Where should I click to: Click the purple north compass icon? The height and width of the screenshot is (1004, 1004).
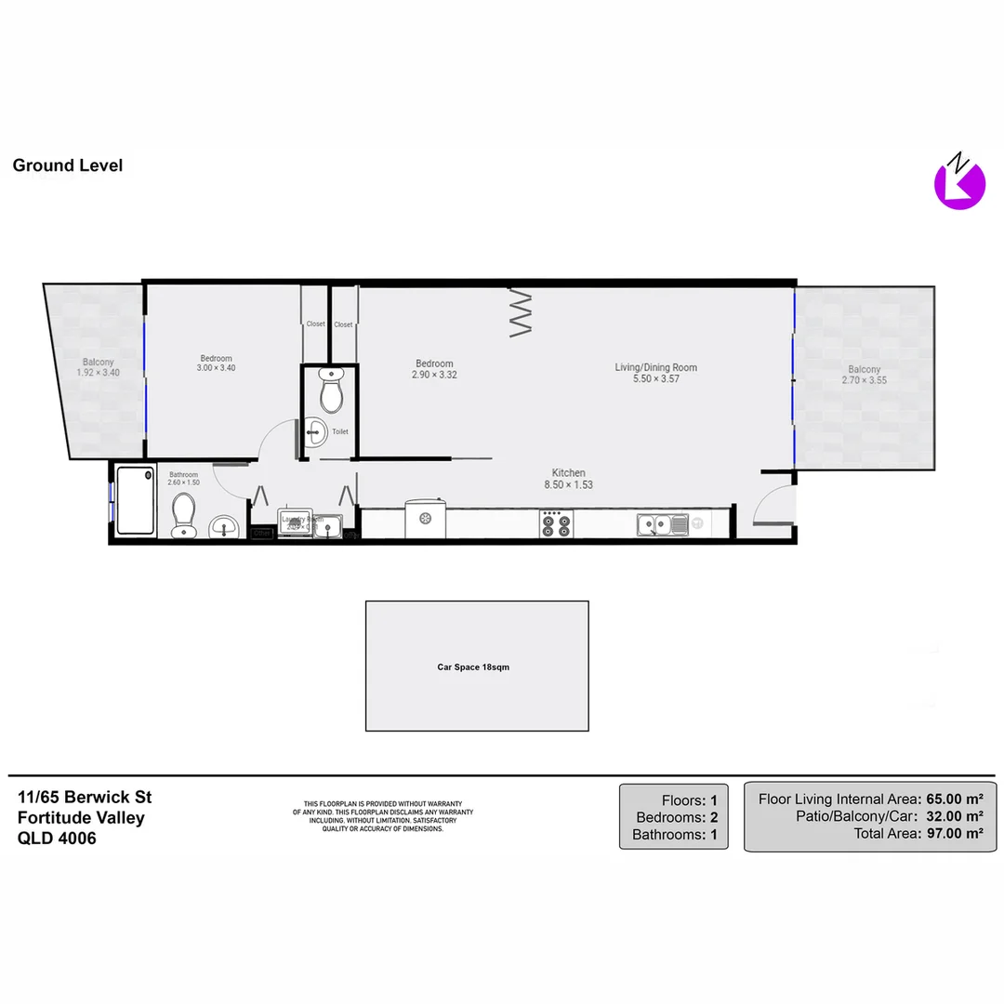point(958,182)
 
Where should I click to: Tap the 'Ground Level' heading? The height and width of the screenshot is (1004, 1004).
point(68,165)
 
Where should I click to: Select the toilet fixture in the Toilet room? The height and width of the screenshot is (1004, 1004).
point(331,391)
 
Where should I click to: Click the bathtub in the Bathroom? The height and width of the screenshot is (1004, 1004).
point(135,500)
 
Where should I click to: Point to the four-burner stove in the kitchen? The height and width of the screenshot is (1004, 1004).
point(557,524)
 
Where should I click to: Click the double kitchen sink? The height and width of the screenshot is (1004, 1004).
point(662,525)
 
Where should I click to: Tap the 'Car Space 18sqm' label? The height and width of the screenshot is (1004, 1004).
point(473,667)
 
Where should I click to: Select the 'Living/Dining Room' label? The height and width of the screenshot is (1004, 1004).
point(655,367)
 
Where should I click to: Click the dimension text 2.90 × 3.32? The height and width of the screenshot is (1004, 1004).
point(434,376)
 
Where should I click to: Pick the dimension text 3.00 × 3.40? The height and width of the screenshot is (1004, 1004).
point(217,368)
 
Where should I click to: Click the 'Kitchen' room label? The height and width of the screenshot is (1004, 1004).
point(568,473)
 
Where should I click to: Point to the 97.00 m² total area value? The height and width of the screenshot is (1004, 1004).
point(955,834)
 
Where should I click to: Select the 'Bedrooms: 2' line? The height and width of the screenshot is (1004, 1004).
point(676,817)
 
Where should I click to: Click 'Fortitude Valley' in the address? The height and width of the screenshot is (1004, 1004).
point(81,817)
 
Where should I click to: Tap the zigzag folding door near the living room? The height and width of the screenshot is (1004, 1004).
point(521,314)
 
